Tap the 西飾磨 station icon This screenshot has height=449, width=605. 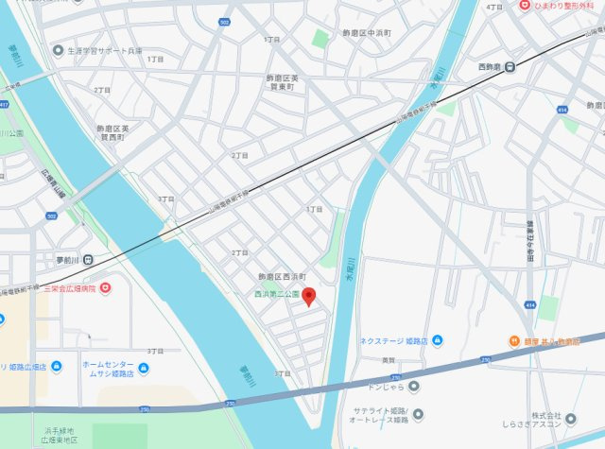coord(510,66)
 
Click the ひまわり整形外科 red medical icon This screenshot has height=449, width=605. coord(525,6)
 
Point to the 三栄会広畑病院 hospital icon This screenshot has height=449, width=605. coord(106,287)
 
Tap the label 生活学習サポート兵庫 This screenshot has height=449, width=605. coord(103,50)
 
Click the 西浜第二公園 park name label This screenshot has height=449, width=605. coord(276,294)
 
